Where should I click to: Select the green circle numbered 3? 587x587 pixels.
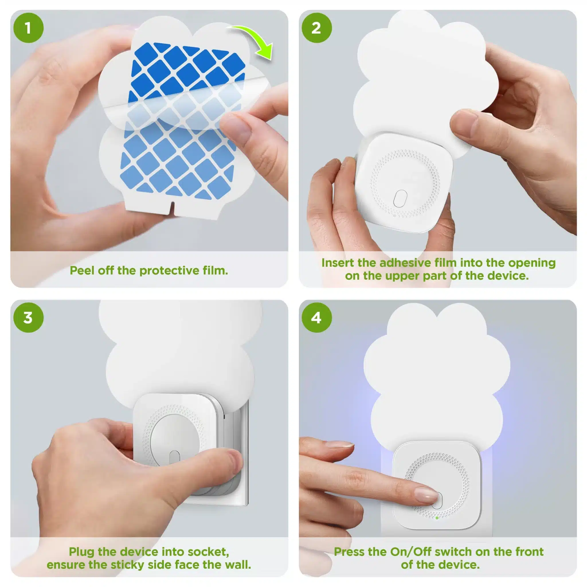tap(28, 318)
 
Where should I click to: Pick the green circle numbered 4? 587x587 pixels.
tap(316, 318)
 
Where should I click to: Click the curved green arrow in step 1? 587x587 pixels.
tap(255, 38)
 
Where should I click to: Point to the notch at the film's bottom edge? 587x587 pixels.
tap(173, 206)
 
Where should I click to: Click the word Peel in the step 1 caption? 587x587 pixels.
tap(82, 270)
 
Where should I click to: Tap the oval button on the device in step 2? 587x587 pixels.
tap(400, 199)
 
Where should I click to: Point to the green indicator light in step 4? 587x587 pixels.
tap(437, 518)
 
